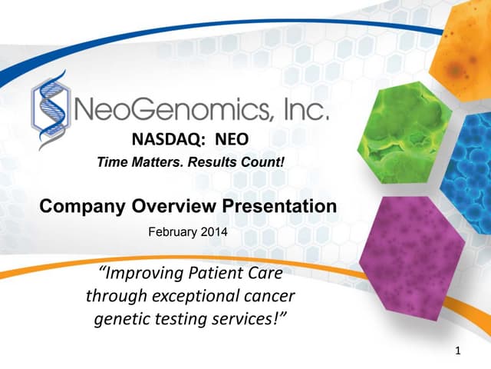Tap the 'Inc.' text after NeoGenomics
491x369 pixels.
[x=307, y=114]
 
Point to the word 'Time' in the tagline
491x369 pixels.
[x=111, y=162]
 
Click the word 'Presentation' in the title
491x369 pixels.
[x=279, y=207]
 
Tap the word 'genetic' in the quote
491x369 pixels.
[x=120, y=317]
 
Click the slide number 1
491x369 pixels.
[x=458, y=352]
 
